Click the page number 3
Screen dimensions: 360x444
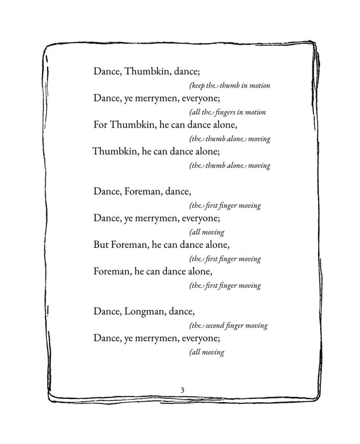pyautogui.click(x=182, y=388)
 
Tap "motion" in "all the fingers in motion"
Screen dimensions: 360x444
pyautogui.click(x=253, y=112)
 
